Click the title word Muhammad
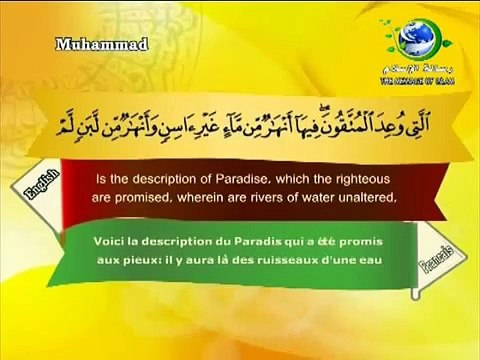coord(87,42)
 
